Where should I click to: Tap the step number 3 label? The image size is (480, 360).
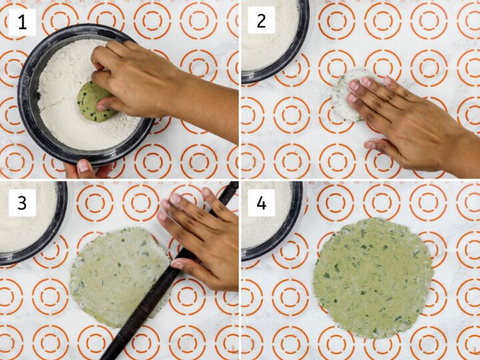pos(21,202)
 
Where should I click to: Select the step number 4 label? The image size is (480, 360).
pos(261,202)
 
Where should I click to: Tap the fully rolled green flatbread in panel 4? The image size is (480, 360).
pos(373,277)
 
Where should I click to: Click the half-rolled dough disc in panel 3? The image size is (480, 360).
pos(113,277)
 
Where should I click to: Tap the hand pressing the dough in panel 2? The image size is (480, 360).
pos(393,113)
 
